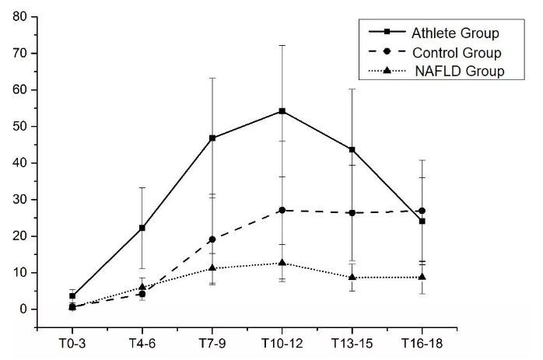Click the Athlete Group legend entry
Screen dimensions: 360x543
[x=455, y=33]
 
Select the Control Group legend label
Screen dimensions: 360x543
[x=456, y=53]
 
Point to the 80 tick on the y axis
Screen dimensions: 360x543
[x=18, y=16]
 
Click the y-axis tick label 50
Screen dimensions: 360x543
[x=18, y=126]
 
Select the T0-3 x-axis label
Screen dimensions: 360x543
[x=72, y=344]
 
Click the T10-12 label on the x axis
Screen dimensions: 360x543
[x=282, y=344]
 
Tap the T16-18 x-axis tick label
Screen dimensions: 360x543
[x=422, y=344]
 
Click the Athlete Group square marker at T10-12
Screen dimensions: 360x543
[x=282, y=111]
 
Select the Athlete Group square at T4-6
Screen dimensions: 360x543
[x=142, y=228]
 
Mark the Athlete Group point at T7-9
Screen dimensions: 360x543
[x=212, y=138]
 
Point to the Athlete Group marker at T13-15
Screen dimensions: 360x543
[x=352, y=150]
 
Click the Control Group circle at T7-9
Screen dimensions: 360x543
[x=212, y=239]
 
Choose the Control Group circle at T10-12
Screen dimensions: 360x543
[x=282, y=210]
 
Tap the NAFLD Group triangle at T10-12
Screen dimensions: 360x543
[x=282, y=263]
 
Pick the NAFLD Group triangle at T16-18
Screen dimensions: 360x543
[x=422, y=277]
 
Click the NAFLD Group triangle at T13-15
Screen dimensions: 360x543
[x=352, y=277]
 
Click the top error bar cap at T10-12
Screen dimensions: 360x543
[x=282, y=45]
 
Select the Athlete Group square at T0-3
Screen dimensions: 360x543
[x=72, y=295]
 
